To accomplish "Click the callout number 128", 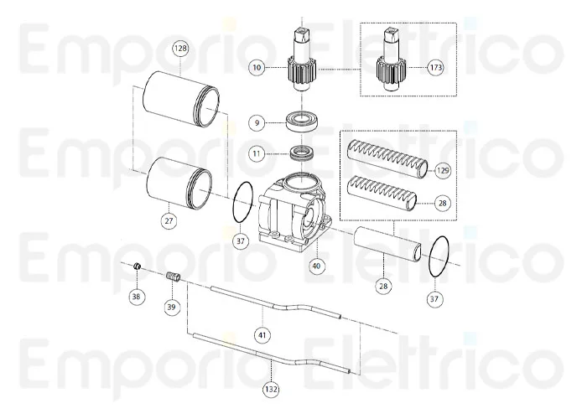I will tap(180, 49).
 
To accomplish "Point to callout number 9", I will tap(257, 123).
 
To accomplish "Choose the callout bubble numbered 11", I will tap(257, 154).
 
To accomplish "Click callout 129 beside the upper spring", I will tap(443, 171).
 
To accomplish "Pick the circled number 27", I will tap(169, 220).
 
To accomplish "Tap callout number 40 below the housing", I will tap(316, 266).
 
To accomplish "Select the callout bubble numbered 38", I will tap(137, 296).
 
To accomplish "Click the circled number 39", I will tap(171, 308).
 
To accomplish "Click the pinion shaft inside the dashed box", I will tap(391, 59).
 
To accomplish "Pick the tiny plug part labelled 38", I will tap(137, 266).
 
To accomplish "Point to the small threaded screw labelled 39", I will tap(173, 277).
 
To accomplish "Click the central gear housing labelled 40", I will tap(293, 214).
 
